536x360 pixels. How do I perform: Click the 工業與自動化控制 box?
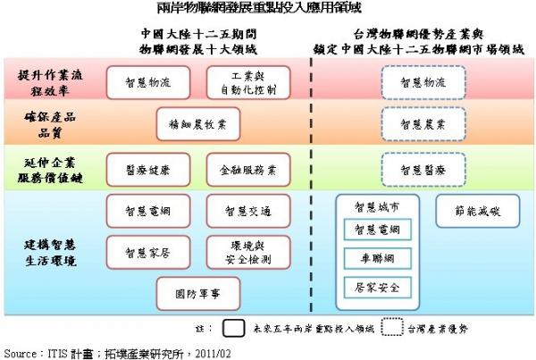coord(247,82)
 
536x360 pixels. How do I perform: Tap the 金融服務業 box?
coord(247,168)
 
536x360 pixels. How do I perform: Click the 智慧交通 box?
coord(247,211)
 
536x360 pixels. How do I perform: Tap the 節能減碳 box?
coord(473,211)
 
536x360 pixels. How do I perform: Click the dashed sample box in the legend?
coord(392,328)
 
